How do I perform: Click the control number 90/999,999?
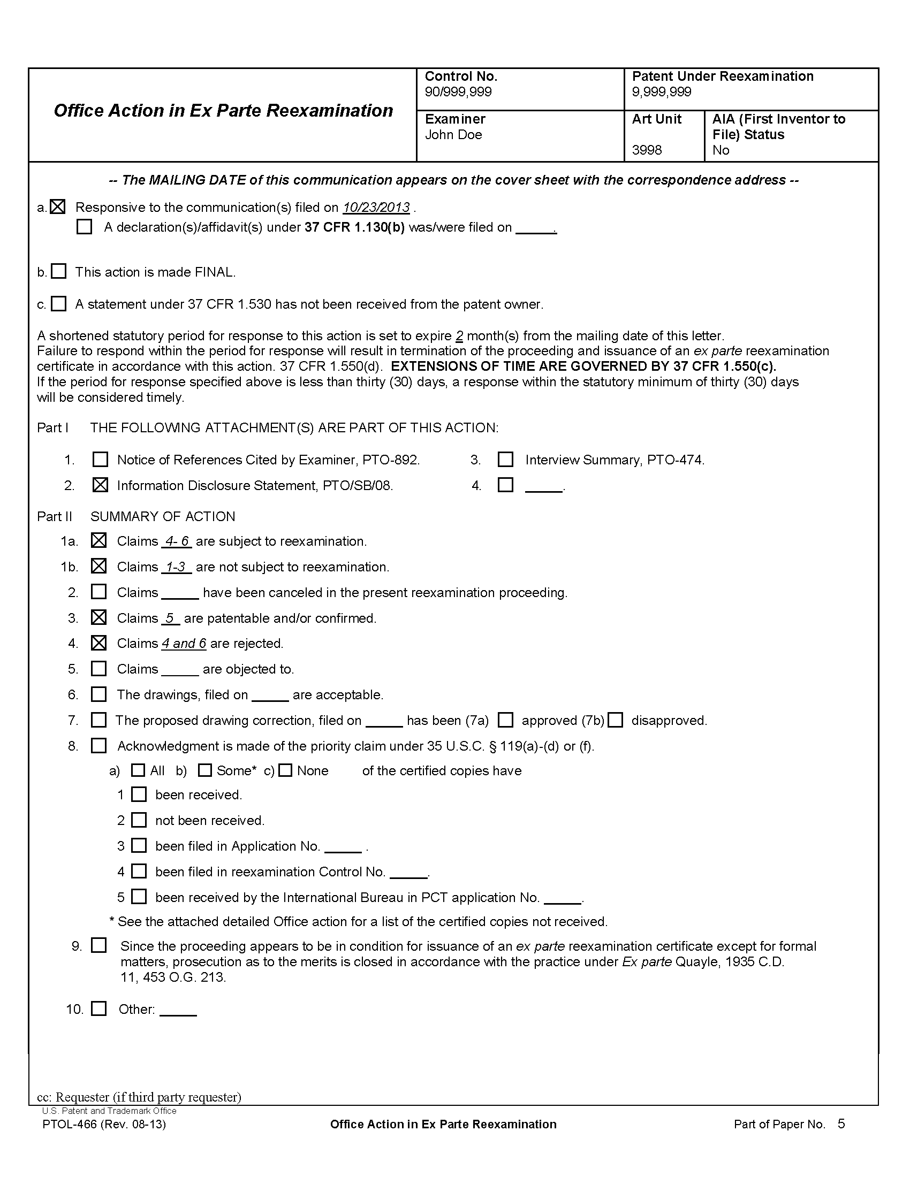click(x=458, y=92)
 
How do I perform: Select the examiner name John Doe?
click(x=453, y=135)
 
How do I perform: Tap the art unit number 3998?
click(x=647, y=150)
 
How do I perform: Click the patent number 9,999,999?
click(x=661, y=92)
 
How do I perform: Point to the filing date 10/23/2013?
click(x=376, y=208)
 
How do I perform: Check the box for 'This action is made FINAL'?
click(x=58, y=271)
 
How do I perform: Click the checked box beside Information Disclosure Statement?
click(x=100, y=485)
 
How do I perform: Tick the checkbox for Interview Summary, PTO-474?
click(x=505, y=459)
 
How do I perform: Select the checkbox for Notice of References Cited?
click(x=100, y=459)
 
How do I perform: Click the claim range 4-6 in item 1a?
click(x=177, y=541)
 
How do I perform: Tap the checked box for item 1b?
click(x=98, y=567)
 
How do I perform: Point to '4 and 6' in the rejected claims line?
click(x=184, y=644)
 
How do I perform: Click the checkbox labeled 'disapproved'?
click(x=616, y=720)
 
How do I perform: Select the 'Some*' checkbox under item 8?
click(x=204, y=770)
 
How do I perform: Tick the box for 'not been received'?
click(x=139, y=820)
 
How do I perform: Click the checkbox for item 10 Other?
click(x=98, y=1009)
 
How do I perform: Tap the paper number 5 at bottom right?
click(x=841, y=1123)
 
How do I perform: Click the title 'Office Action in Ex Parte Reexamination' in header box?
click(x=223, y=111)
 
